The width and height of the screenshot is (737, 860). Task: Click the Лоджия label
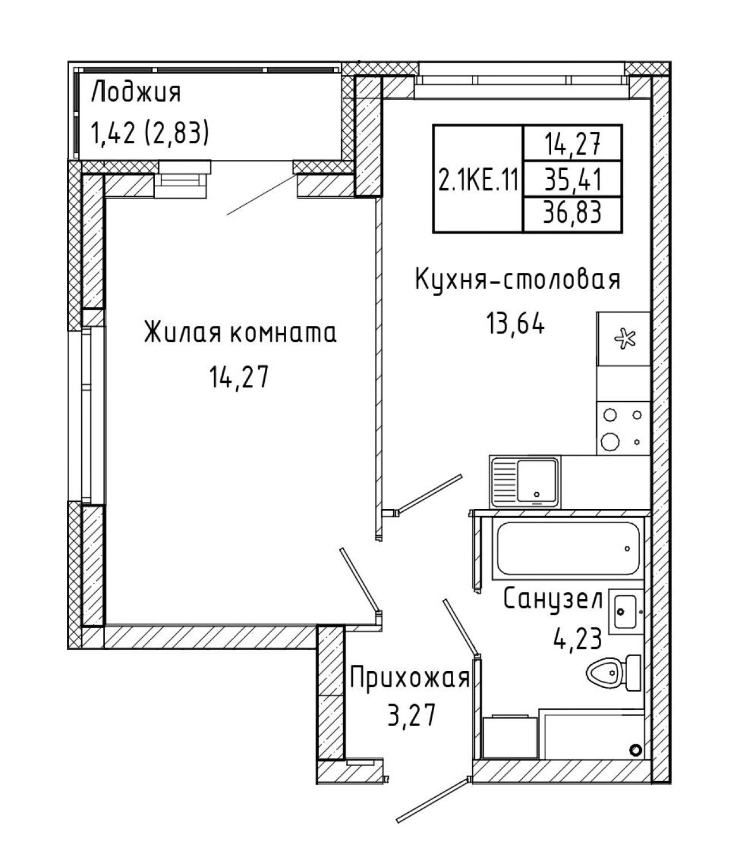pyautogui.click(x=136, y=92)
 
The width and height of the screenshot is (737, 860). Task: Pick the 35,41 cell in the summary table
pyautogui.click(x=573, y=180)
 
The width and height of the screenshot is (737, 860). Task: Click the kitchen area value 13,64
pyautogui.click(x=515, y=324)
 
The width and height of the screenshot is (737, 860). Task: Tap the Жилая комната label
pyautogui.click(x=240, y=333)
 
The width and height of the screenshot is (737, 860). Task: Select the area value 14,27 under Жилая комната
pyautogui.click(x=238, y=377)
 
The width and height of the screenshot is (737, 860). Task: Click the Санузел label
pyautogui.click(x=553, y=599)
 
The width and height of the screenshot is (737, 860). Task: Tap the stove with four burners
pyautogui.click(x=623, y=428)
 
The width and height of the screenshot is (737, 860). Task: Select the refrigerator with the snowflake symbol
pyautogui.click(x=623, y=338)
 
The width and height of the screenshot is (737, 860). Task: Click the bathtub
pyautogui.click(x=568, y=549)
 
